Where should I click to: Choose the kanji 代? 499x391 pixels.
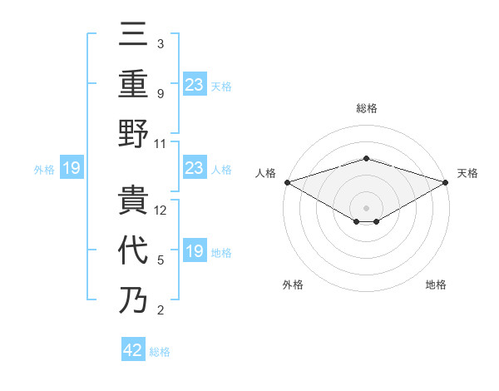[x=133, y=249]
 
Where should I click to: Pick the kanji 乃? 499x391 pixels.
[x=133, y=299]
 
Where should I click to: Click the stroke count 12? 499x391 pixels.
[x=161, y=210]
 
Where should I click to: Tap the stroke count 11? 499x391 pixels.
[x=161, y=143]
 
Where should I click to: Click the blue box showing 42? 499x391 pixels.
[x=133, y=350]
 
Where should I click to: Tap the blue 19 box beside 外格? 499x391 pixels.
[x=71, y=169]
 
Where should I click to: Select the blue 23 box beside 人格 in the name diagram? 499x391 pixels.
[x=194, y=169]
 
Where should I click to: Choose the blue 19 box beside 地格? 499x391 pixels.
[x=194, y=251]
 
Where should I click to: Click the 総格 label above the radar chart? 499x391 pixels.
[x=366, y=109]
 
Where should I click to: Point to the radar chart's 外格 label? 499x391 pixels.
[x=293, y=285]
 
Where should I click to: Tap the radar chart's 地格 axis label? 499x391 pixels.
[x=436, y=285]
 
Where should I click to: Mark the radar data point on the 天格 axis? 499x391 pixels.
[x=445, y=182]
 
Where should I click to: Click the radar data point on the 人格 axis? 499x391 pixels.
[x=287, y=182]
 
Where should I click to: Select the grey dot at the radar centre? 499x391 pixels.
[x=366, y=206]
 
